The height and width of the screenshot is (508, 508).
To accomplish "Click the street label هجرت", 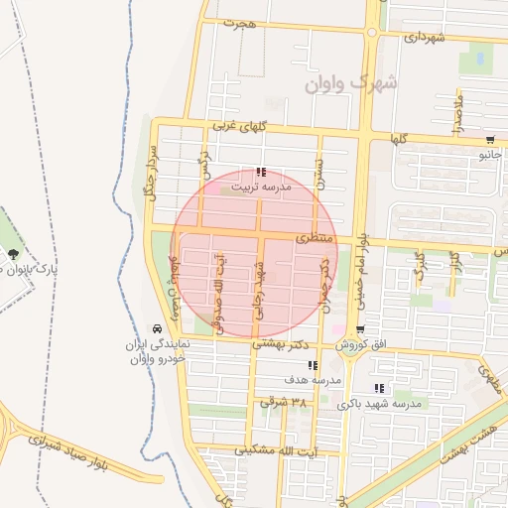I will point(240,22).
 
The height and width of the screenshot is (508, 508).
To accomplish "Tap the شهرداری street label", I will point(424,37).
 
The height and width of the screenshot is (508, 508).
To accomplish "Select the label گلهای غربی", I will point(234,127).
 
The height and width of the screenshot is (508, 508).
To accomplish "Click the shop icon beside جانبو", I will point(490,140).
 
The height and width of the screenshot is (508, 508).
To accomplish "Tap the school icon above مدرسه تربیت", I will point(261,172).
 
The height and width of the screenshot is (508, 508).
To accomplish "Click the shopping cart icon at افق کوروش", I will point(359,329).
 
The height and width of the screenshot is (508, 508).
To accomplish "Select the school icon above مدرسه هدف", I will point(313,365).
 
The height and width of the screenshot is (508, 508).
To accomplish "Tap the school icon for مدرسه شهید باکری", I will point(378,388).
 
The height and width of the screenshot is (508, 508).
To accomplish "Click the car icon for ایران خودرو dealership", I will point(157,328).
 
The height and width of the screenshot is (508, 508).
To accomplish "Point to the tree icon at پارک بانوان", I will point(14,255).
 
